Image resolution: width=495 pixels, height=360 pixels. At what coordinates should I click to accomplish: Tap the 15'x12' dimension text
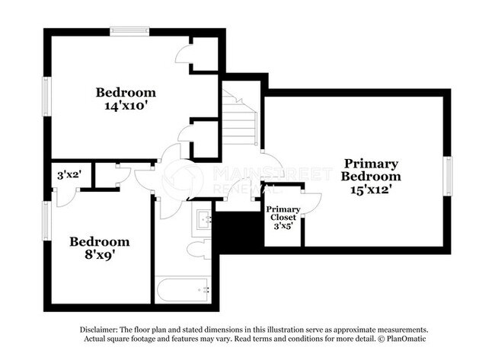(x=371, y=190)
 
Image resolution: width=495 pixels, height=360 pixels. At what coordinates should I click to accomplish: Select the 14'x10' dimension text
(x=126, y=107)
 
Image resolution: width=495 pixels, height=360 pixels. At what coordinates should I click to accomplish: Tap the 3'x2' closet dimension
(x=69, y=174)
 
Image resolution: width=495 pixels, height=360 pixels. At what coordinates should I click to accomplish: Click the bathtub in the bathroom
(x=184, y=290)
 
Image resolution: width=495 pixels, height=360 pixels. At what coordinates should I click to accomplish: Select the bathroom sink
(x=203, y=220)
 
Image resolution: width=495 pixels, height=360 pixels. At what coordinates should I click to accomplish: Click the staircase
(x=239, y=118)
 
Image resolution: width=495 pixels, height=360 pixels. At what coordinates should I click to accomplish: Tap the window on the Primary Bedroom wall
(x=448, y=177)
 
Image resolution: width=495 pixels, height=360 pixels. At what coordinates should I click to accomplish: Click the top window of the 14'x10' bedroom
(x=134, y=31)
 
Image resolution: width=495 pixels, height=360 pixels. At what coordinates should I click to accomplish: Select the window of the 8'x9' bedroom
(x=46, y=221)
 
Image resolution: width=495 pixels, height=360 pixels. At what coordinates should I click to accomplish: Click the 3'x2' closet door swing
(x=64, y=195)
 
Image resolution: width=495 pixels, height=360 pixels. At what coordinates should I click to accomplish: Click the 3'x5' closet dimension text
(x=283, y=226)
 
